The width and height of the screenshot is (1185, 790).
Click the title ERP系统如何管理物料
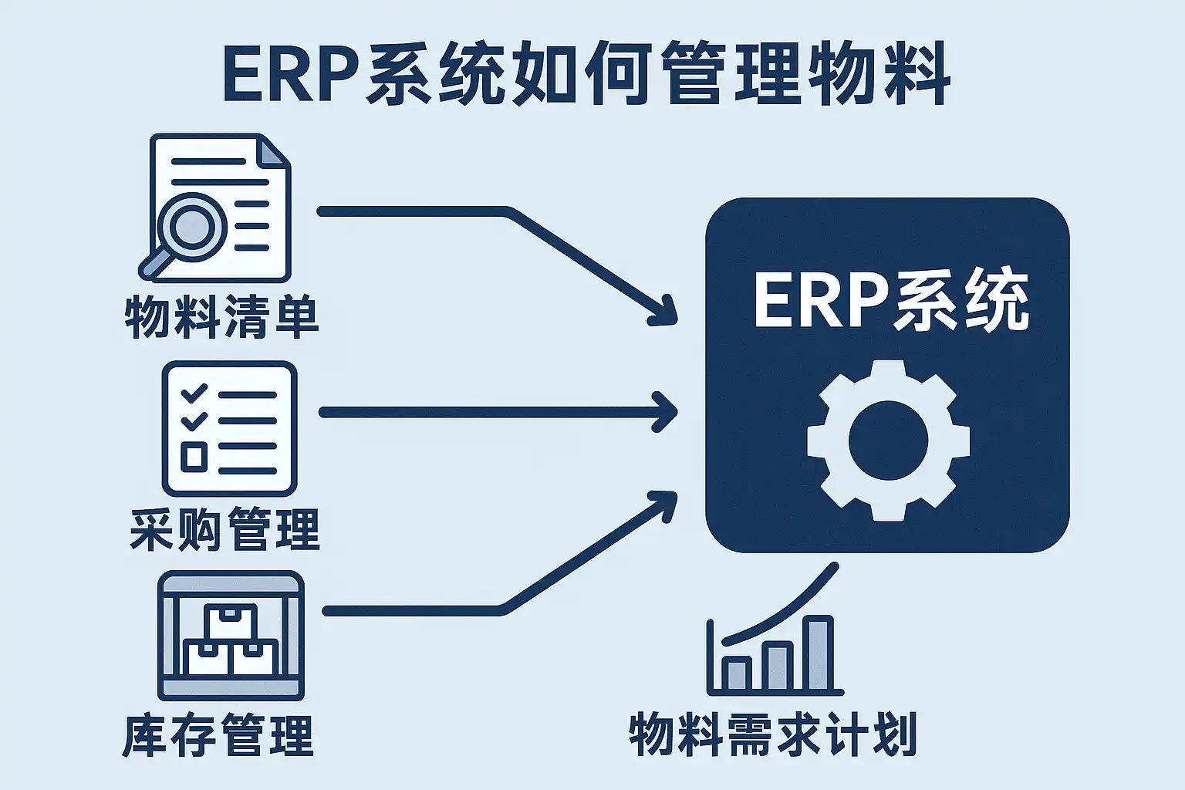pyautogui.click(x=586, y=75)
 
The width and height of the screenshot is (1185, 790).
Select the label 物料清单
pyautogui.click(x=222, y=317)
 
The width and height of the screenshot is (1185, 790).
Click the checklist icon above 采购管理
pyautogui.click(x=229, y=428)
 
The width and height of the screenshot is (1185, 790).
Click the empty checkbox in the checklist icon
pyautogui.click(x=193, y=457)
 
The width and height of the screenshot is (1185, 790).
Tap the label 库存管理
pyautogui.click(x=218, y=735)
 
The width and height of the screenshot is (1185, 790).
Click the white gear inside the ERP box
pyautogui.click(x=887, y=440)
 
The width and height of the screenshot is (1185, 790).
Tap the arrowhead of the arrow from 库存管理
pyautogui.click(x=665, y=501)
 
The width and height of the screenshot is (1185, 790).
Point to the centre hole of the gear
pyautogui.click(x=887, y=441)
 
